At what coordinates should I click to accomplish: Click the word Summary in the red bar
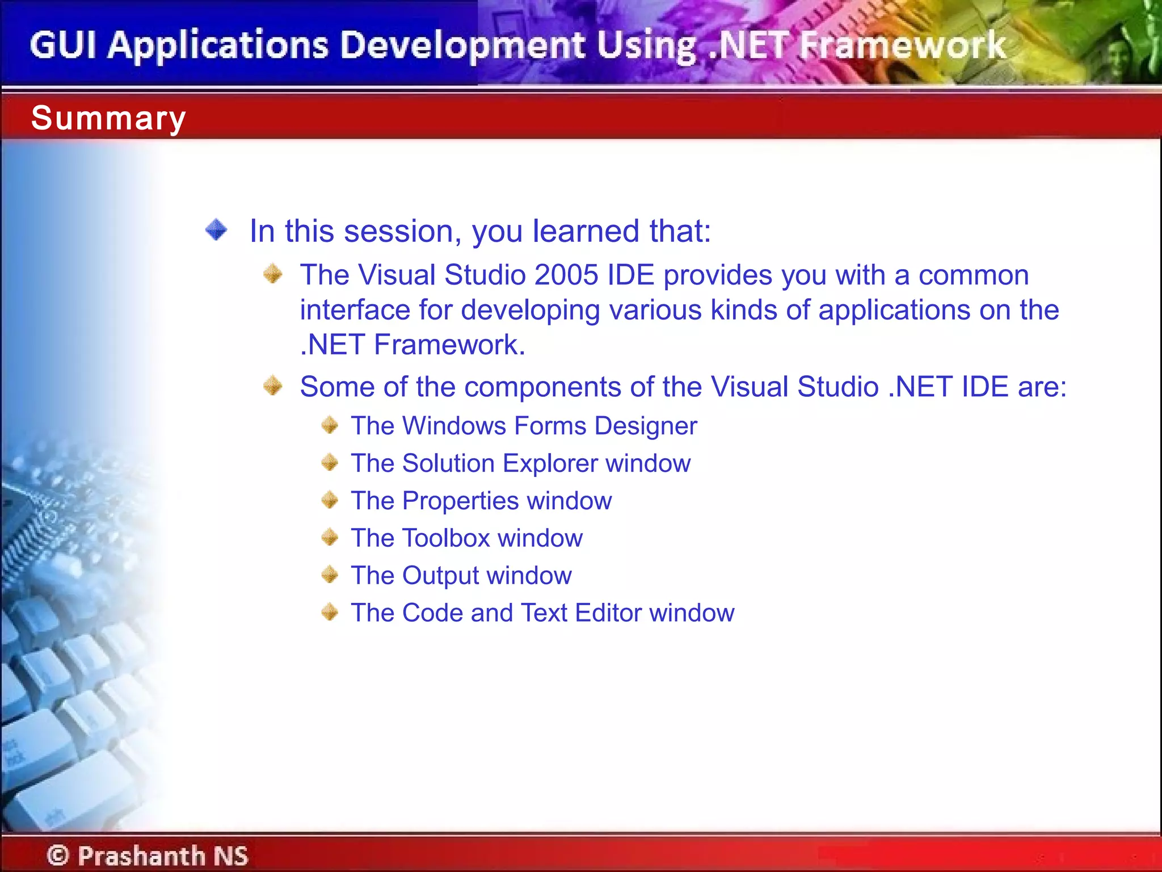click(x=108, y=118)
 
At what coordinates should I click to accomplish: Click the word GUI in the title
click(x=63, y=45)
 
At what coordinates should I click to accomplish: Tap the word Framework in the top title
click(x=902, y=45)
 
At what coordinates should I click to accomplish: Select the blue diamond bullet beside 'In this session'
click(x=216, y=230)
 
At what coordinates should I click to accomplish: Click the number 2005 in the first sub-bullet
click(x=566, y=275)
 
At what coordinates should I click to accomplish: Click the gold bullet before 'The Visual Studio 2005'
click(x=273, y=274)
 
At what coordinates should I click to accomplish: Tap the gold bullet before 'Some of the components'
click(x=273, y=385)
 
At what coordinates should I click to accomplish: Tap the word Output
click(x=440, y=576)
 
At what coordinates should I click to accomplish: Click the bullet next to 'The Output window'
click(x=330, y=575)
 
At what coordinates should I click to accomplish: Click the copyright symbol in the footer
click(x=58, y=855)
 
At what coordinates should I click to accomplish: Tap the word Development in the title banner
click(x=463, y=45)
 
